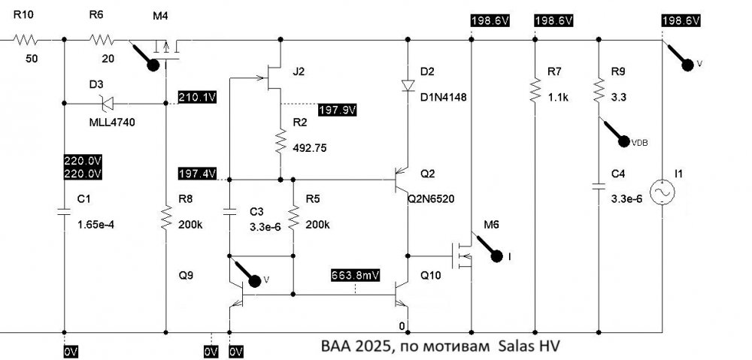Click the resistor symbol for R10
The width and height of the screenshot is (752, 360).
[x=26, y=40]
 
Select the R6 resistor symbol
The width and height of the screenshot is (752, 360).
[x=102, y=40]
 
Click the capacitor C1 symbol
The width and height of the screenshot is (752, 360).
[x=64, y=211]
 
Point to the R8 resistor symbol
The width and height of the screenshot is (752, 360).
[x=166, y=217]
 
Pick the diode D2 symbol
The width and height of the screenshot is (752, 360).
[x=408, y=86]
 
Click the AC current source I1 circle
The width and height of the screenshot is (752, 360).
[x=663, y=192]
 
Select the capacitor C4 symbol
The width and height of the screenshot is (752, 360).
[x=599, y=186]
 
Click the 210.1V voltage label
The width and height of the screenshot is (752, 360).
[x=197, y=97]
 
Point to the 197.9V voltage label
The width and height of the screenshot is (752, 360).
[x=338, y=110]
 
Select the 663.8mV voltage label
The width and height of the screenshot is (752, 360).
[x=356, y=275]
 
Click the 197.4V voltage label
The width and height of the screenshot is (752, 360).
[x=197, y=173]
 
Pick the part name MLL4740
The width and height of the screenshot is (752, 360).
[x=112, y=123]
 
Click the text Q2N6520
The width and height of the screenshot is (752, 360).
[x=431, y=198]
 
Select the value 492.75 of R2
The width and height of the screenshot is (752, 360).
[x=310, y=148]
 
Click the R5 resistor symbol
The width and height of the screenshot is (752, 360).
[x=293, y=217]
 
